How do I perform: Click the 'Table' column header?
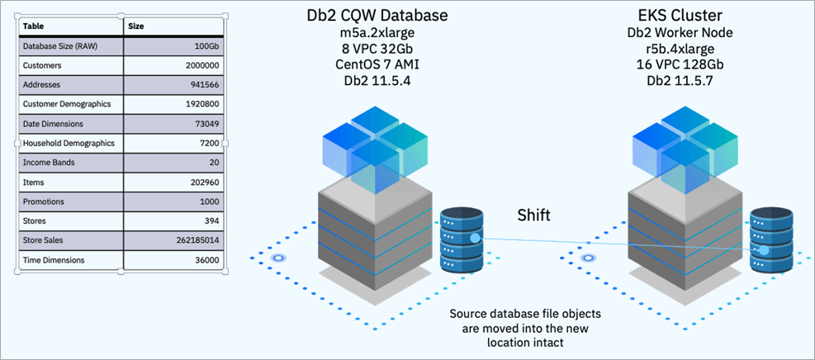(33, 26)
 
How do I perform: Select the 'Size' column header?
(136, 26)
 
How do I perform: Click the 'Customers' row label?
(42, 65)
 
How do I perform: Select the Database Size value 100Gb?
(206, 46)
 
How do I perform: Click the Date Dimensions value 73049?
(205, 124)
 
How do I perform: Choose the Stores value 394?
(211, 221)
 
